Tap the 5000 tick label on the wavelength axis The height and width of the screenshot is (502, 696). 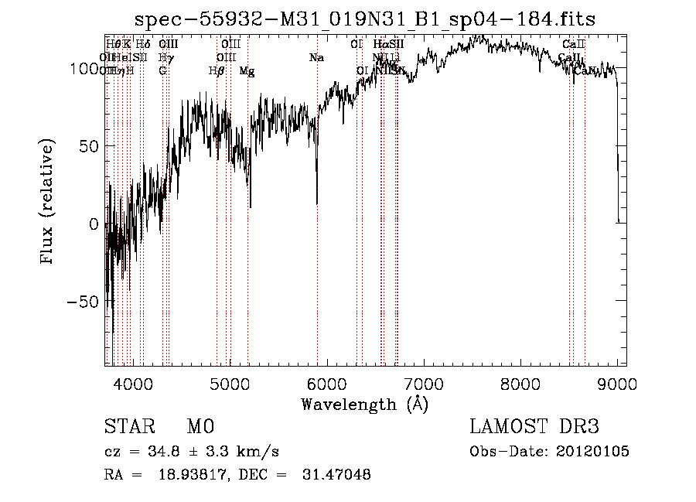pyautogui.click(x=230, y=383)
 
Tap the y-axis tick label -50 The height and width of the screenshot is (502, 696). pyautogui.click(x=84, y=302)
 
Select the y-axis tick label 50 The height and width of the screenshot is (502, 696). pyautogui.click(x=89, y=146)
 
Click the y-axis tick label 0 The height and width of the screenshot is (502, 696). pyautogui.click(x=94, y=224)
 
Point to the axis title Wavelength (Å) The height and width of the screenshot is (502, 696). pyautogui.click(x=364, y=404)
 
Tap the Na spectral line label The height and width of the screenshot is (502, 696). pyautogui.click(x=316, y=58)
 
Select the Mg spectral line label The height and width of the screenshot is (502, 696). pyautogui.click(x=247, y=71)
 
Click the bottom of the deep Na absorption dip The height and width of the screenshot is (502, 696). pyautogui.click(x=317, y=203)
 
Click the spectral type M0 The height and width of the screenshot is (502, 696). pyautogui.click(x=200, y=427)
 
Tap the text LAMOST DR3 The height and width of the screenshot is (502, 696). pyautogui.click(x=534, y=427)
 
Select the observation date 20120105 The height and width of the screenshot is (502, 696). pyautogui.click(x=592, y=452)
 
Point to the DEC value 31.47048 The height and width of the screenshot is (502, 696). pyautogui.click(x=336, y=475)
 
